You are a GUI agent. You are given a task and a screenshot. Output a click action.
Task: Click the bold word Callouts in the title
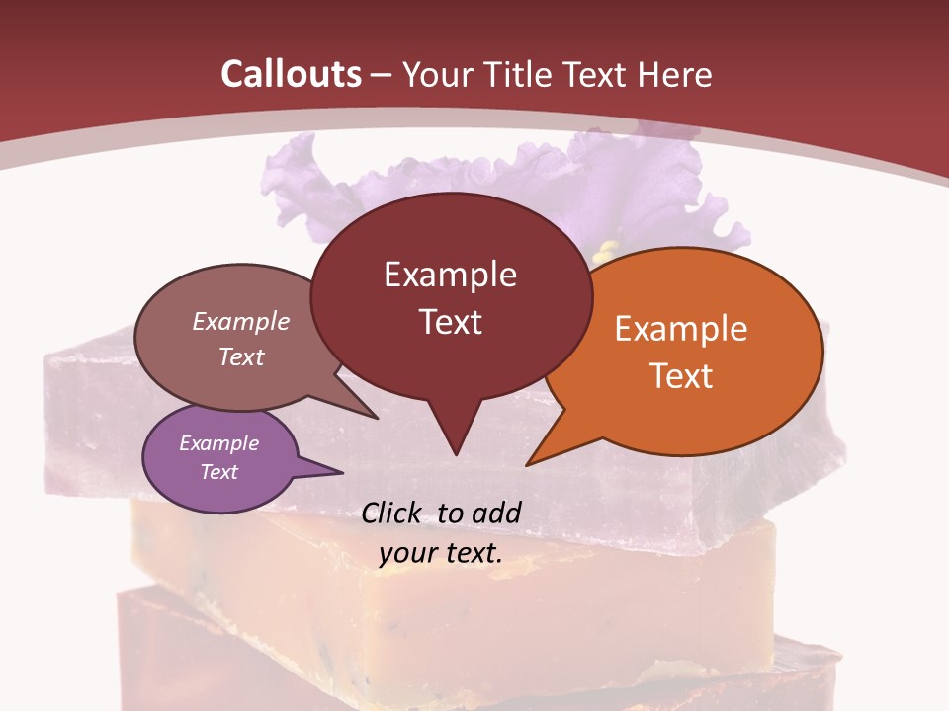click(291, 74)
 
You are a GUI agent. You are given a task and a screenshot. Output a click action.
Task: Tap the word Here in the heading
click(674, 74)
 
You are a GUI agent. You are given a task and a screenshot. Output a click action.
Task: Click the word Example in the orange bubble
click(681, 329)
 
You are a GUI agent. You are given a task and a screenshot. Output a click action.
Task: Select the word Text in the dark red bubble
click(451, 322)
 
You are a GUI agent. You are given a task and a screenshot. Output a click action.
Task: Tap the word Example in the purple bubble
click(219, 443)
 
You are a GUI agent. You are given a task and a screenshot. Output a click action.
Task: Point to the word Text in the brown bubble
click(241, 356)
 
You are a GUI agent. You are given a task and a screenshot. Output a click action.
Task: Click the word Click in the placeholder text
click(392, 513)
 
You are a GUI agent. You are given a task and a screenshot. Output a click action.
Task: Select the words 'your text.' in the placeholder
click(441, 553)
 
